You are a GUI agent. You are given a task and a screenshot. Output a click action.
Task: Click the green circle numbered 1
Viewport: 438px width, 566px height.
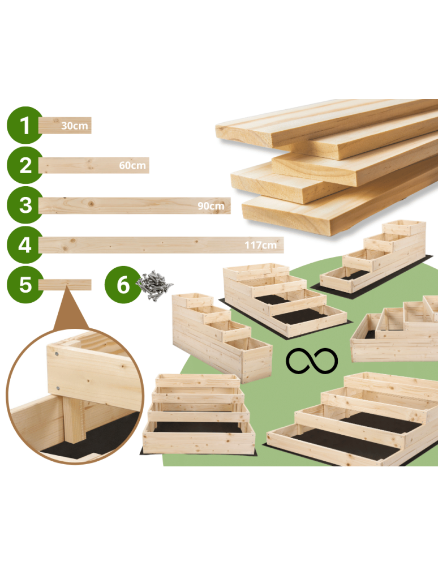[x=25, y=125]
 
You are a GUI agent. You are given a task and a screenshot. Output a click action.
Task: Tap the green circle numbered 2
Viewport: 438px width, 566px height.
[x=25, y=165]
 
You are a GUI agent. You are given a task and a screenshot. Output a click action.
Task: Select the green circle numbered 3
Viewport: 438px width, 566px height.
[x=25, y=205]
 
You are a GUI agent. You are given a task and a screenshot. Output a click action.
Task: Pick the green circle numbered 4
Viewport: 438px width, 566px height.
[x=25, y=245]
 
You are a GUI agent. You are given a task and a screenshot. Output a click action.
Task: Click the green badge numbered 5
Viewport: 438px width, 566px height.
[x=25, y=285]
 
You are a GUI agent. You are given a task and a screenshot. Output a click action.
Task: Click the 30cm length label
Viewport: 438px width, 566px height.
[x=75, y=126]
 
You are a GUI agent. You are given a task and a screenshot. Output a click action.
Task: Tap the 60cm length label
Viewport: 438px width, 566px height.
[x=132, y=166]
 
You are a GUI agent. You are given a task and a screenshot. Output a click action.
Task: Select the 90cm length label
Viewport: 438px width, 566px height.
[x=211, y=205]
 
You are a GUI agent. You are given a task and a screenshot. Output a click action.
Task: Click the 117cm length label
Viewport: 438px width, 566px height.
[x=260, y=245]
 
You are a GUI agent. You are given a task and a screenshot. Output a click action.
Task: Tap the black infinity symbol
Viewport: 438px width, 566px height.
[x=312, y=361]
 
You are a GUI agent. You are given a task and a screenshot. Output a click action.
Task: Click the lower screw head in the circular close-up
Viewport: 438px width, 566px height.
[x=58, y=388]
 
